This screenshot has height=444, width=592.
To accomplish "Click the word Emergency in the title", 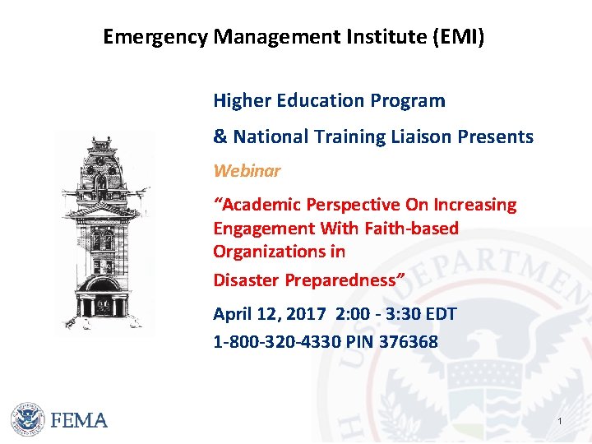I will tap(155, 37).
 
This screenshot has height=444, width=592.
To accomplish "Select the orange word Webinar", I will tap(247, 171).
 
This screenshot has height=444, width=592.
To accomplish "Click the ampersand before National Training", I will tap(220, 136).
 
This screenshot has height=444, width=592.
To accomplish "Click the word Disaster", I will tap(246, 280).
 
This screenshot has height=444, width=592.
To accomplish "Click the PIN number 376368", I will tap(409, 340).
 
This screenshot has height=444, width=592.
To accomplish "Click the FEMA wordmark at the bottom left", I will tap(79, 420).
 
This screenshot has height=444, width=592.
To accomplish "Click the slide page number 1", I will tap(559, 422).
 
